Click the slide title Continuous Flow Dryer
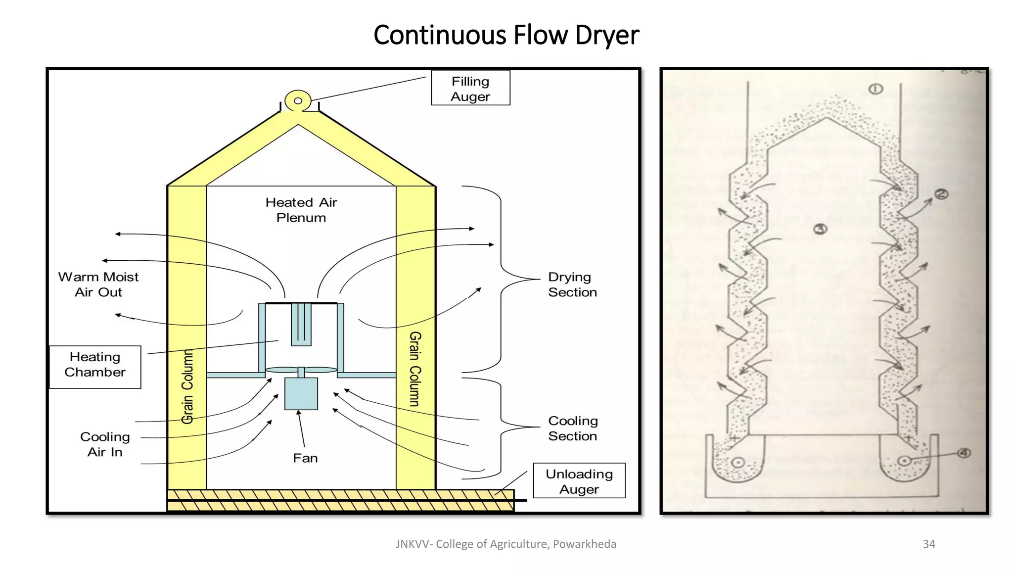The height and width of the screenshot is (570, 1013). pyautogui.click(x=506, y=35)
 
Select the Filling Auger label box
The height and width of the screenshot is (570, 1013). pyautogui.click(x=470, y=88)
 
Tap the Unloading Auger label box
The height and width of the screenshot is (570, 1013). pyautogui.click(x=579, y=481)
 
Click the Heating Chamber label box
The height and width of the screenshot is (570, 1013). pyautogui.click(x=95, y=367)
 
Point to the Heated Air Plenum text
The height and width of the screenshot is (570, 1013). pyautogui.click(x=301, y=210)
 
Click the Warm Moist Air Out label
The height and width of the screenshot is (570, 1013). pyautogui.click(x=98, y=285)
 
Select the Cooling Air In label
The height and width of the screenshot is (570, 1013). pyautogui.click(x=105, y=444)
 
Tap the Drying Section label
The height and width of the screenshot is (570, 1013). pyautogui.click(x=572, y=285)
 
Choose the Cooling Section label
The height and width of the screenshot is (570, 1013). pyautogui.click(x=573, y=428)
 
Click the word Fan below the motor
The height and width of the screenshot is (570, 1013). pyautogui.click(x=305, y=458)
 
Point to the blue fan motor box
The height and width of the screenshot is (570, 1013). pyautogui.click(x=301, y=394)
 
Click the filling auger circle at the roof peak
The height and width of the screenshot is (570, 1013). pyautogui.click(x=298, y=101)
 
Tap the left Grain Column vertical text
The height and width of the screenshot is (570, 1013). pyautogui.click(x=187, y=386)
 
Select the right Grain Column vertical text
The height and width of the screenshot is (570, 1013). pyautogui.click(x=415, y=369)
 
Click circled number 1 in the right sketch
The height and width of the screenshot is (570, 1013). pyautogui.click(x=875, y=89)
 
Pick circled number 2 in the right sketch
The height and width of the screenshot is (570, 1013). pyautogui.click(x=941, y=194)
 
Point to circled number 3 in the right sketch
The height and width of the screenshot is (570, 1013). pyautogui.click(x=820, y=229)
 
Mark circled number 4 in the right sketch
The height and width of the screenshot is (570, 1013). pyautogui.click(x=964, y=453)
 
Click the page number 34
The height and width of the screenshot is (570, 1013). pyautogui.click(x=929, y=544)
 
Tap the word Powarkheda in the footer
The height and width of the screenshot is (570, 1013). pyautogui.click(x=585, y=544)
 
